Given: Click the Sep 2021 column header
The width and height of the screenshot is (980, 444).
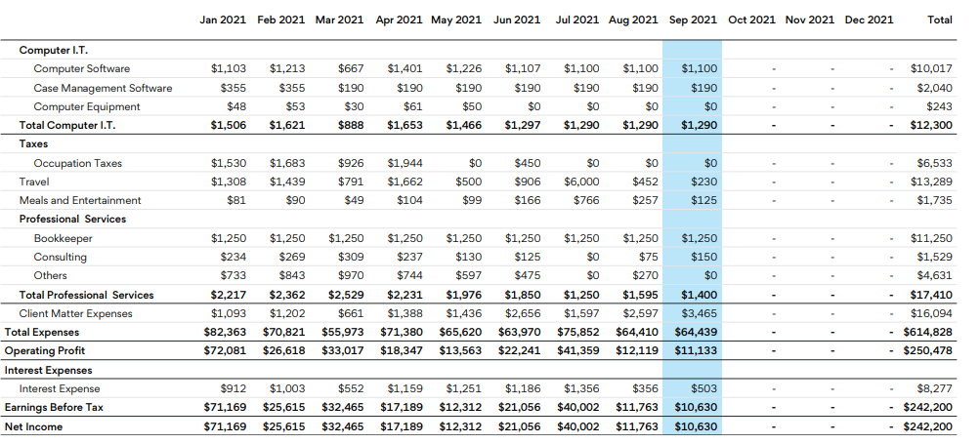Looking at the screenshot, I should coord(693,20).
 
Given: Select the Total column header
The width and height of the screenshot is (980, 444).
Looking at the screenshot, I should coord(939,20).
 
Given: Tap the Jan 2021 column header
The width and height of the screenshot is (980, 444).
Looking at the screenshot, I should coord(224,20).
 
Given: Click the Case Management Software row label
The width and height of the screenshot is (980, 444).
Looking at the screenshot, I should coord(103,88).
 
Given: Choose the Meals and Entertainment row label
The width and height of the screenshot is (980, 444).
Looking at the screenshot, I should coord(80,200).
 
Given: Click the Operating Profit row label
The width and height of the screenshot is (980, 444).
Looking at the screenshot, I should coord(45,350).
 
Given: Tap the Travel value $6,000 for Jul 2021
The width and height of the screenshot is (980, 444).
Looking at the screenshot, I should coord(581,182).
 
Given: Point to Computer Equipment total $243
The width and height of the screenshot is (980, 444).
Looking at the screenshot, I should coord(939,106).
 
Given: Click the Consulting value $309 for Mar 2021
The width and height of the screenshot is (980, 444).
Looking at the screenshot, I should coord(350,257).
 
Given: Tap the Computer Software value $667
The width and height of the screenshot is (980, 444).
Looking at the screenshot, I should coord(350,69).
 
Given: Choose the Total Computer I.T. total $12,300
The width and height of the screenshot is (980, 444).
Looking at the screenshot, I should coord(932,125).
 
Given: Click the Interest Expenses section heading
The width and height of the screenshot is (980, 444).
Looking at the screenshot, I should coord(49,370).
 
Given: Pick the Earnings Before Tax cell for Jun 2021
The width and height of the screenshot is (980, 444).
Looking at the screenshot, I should coord(522,407).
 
